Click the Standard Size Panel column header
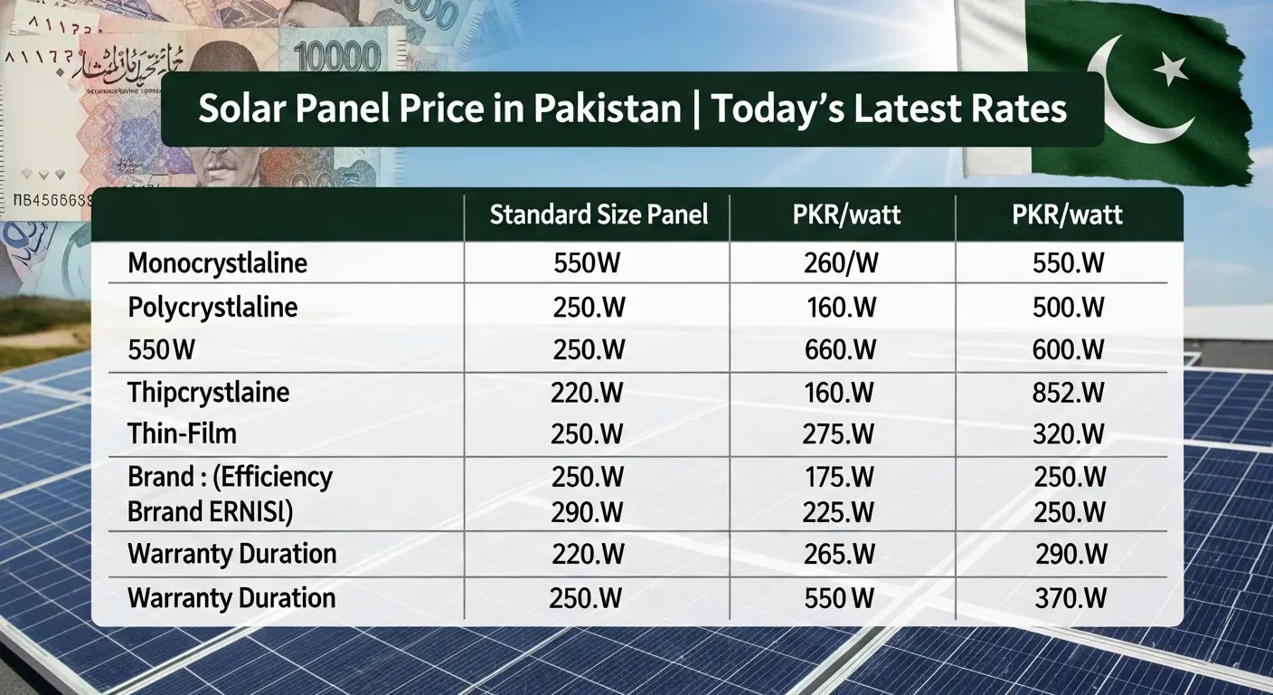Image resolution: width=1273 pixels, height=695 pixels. coord(598,214)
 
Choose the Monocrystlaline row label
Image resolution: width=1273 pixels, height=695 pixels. coord(217,263)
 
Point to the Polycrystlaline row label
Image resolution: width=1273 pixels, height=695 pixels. coord(212,307)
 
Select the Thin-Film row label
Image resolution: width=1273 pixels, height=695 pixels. coord(182,433)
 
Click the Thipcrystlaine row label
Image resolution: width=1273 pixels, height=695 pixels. coord(209,392)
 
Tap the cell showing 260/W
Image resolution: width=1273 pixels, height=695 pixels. coord(841,263)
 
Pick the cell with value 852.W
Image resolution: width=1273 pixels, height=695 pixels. coord(1069,392)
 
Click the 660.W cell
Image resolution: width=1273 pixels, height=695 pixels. coord(841,349)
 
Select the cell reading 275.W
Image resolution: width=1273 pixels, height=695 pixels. coord(838,433)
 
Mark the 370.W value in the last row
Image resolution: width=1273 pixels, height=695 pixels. coord(1069,598)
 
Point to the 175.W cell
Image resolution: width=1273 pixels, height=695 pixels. coord(840,477)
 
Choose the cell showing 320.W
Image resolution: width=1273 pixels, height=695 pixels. coord(1069,433)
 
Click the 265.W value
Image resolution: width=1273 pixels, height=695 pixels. coord(840,554)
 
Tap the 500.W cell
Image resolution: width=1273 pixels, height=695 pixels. coord(1069,307)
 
